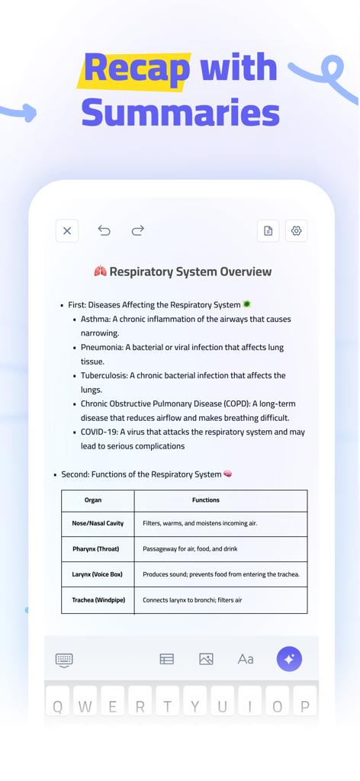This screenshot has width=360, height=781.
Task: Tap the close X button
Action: click(67, 231)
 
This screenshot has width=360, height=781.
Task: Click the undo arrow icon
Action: click(104, 230)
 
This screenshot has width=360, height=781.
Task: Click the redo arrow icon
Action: click(137, 230)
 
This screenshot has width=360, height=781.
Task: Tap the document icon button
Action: click(268, 231)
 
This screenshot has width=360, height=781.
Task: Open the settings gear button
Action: click(296, 231)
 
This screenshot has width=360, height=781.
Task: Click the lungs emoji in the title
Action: click(100, 272)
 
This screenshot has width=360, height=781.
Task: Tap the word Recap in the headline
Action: click(137, 69)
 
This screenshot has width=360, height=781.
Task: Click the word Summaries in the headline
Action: click(180, 113)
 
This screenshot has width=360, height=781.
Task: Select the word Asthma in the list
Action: click(95, 319)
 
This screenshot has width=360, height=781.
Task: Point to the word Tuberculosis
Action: click(105, 375)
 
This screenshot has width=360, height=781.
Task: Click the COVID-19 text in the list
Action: click(99, 432)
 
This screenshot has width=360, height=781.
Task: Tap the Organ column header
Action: click(93, 500)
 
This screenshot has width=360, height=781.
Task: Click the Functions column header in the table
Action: click(205, 500)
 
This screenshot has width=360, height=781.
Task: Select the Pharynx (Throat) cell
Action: click(96, 549)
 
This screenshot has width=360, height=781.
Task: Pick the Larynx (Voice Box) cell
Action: click(97, 574)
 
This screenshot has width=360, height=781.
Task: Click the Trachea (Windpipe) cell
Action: click(98, 600)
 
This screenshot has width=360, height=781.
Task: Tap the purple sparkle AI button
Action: click(289, 659)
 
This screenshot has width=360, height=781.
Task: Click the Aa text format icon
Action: click(245, 659)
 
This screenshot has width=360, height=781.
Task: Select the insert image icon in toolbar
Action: click(206, 659)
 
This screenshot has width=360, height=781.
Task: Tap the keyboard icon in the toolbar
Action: click(64, 660)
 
